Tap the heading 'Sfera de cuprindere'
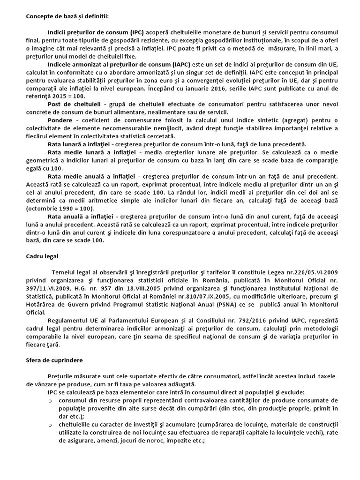click(54, 360)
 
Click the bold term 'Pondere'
click(60, 120)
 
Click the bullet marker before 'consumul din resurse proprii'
click(51, 401)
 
